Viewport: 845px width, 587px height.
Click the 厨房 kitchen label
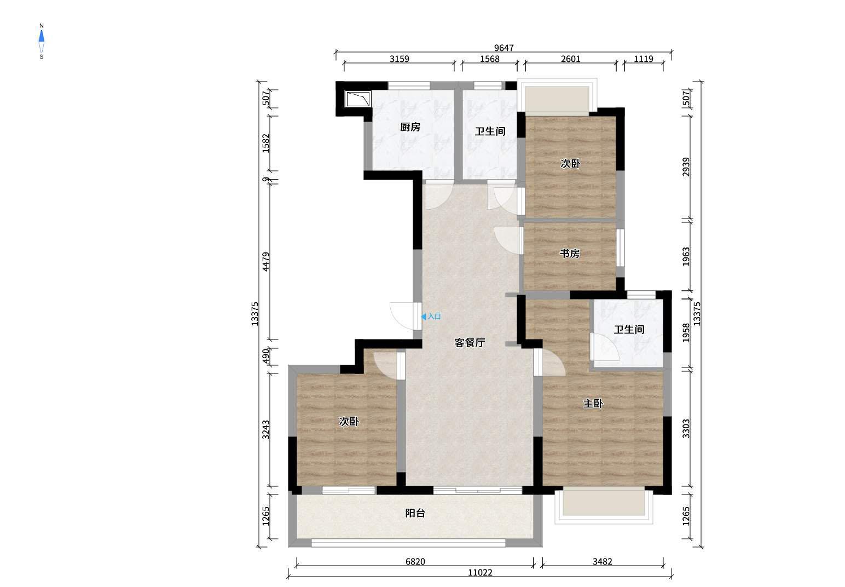410,127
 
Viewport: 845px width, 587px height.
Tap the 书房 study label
570,254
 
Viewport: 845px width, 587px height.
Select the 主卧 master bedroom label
593,404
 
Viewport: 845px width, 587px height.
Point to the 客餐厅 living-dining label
470,343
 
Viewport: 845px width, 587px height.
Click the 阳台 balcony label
415,513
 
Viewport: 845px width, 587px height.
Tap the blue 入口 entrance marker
431,316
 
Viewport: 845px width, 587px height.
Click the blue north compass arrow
42,36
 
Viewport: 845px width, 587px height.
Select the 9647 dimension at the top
504,48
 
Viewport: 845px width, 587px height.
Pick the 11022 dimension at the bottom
480,573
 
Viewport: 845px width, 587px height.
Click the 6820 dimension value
415,561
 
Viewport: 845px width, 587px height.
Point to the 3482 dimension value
603,561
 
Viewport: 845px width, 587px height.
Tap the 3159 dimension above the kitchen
400,59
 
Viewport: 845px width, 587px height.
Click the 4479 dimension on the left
266,261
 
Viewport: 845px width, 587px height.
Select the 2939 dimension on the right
686,166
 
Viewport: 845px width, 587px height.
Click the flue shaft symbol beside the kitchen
358,99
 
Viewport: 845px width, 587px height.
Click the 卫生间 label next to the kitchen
490,131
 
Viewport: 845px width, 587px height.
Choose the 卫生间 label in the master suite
629,330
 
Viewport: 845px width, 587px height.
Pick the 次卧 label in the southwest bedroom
349,421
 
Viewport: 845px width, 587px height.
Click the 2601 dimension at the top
571,59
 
